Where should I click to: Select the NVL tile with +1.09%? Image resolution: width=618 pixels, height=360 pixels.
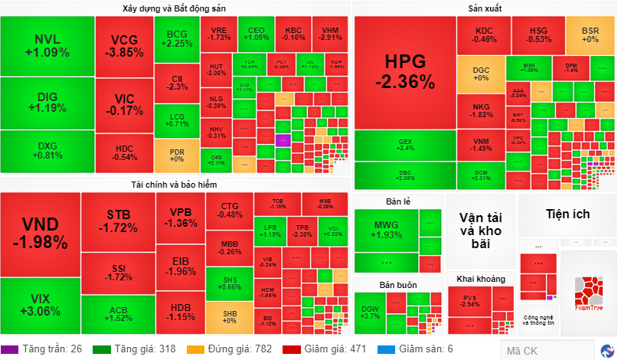[47, 46]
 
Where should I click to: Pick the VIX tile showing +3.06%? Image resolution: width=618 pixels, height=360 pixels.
[40, 304]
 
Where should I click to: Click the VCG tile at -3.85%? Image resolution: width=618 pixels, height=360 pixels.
[123, 46]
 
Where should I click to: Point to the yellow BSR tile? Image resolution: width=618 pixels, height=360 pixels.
[590, 34]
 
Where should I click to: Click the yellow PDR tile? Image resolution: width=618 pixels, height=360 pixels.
[177, 155]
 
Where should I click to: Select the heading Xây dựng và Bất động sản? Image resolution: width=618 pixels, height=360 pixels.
[174, 8]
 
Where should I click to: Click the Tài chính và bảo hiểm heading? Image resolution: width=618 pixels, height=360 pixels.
[174, 185]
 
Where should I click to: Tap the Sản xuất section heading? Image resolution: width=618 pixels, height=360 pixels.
[484, 8]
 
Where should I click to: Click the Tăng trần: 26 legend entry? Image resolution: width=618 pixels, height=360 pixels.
[44, 349]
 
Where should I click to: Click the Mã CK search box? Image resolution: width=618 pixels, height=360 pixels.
[547, 351]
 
